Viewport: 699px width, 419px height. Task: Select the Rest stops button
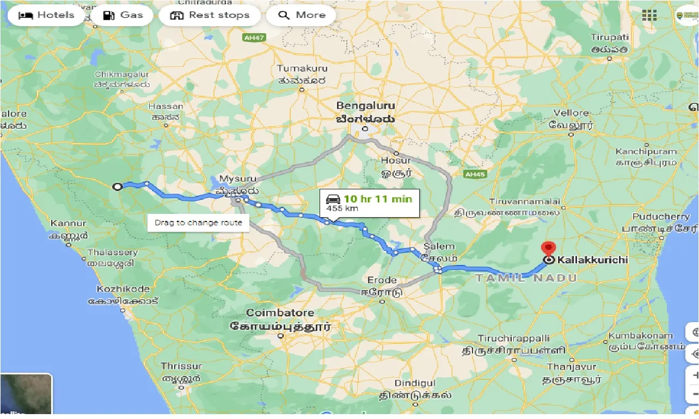click(x=210, y=15)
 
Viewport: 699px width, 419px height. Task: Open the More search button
click(x=301, y=15)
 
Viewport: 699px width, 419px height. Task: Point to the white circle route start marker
click(x=117, y=187)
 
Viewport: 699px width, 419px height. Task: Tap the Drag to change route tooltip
click(x=198, y=223)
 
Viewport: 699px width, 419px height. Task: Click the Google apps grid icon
click(x=649, y=15)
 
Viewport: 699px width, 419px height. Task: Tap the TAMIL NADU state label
click(x=526, y=278)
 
